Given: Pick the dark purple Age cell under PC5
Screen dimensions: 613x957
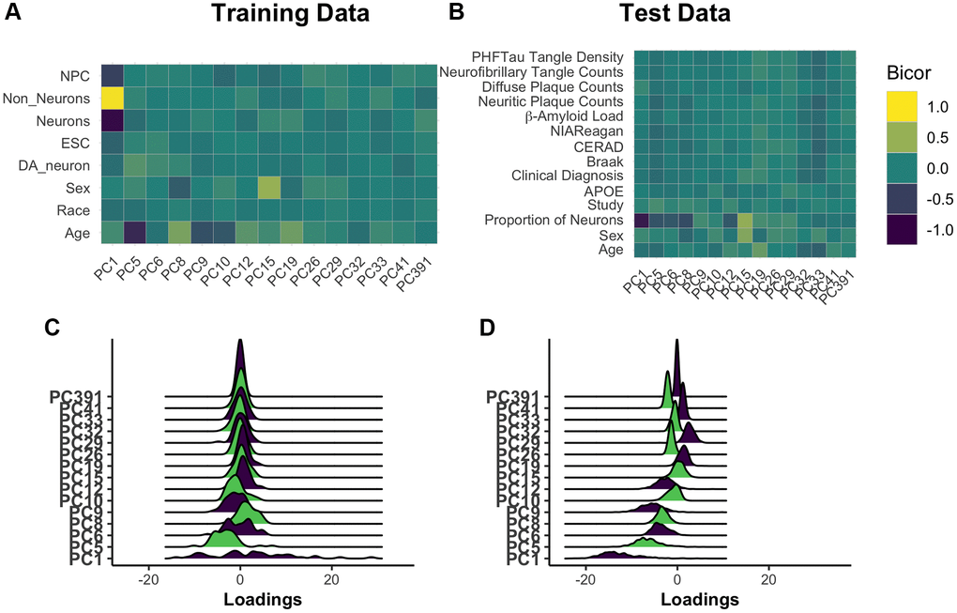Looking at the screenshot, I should coord(134,232).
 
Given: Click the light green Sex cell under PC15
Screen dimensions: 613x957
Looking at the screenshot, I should coord(269,188).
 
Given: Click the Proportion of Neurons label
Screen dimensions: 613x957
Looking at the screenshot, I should coord(554,220).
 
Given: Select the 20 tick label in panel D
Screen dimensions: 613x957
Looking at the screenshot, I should coord(768,580).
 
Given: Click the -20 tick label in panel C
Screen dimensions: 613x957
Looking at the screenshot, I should coord(148,580).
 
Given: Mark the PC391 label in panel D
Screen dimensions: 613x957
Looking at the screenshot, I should coord(514,397).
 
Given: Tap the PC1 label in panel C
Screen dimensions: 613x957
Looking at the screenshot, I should coord(86,560).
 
